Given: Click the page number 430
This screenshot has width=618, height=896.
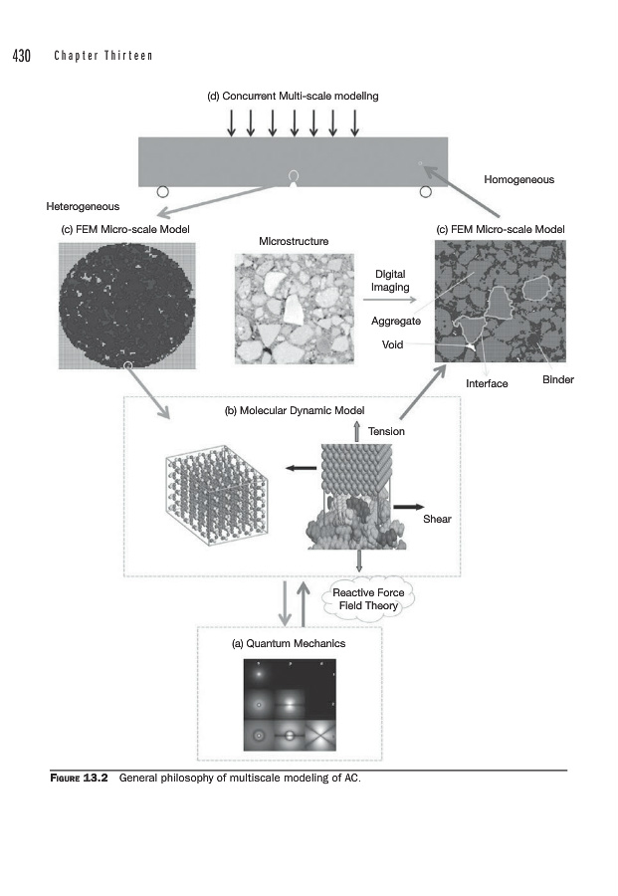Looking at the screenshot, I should (x=22, y=55).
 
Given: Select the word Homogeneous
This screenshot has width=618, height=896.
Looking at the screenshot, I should (x=518, y=180).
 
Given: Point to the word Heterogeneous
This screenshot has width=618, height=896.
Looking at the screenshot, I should (x=83, y=207).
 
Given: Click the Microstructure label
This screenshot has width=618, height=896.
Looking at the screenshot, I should (x=294, y=242).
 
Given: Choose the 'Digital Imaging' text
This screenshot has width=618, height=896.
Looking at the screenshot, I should (x=389, y=280).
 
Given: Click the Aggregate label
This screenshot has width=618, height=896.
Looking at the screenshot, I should (x=396, y=322).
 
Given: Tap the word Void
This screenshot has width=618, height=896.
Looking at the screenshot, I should (x=392, y=344).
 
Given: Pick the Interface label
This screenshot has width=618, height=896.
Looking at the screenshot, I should (x=487, y=383).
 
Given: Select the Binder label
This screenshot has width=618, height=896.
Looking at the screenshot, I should (x=557, y=380).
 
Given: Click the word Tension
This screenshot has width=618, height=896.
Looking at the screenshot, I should (x=386, y=432).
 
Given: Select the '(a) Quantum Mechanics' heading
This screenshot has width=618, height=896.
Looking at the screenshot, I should (x=289, y=644).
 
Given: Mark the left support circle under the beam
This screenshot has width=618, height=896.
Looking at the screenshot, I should (x=163, y=191).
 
